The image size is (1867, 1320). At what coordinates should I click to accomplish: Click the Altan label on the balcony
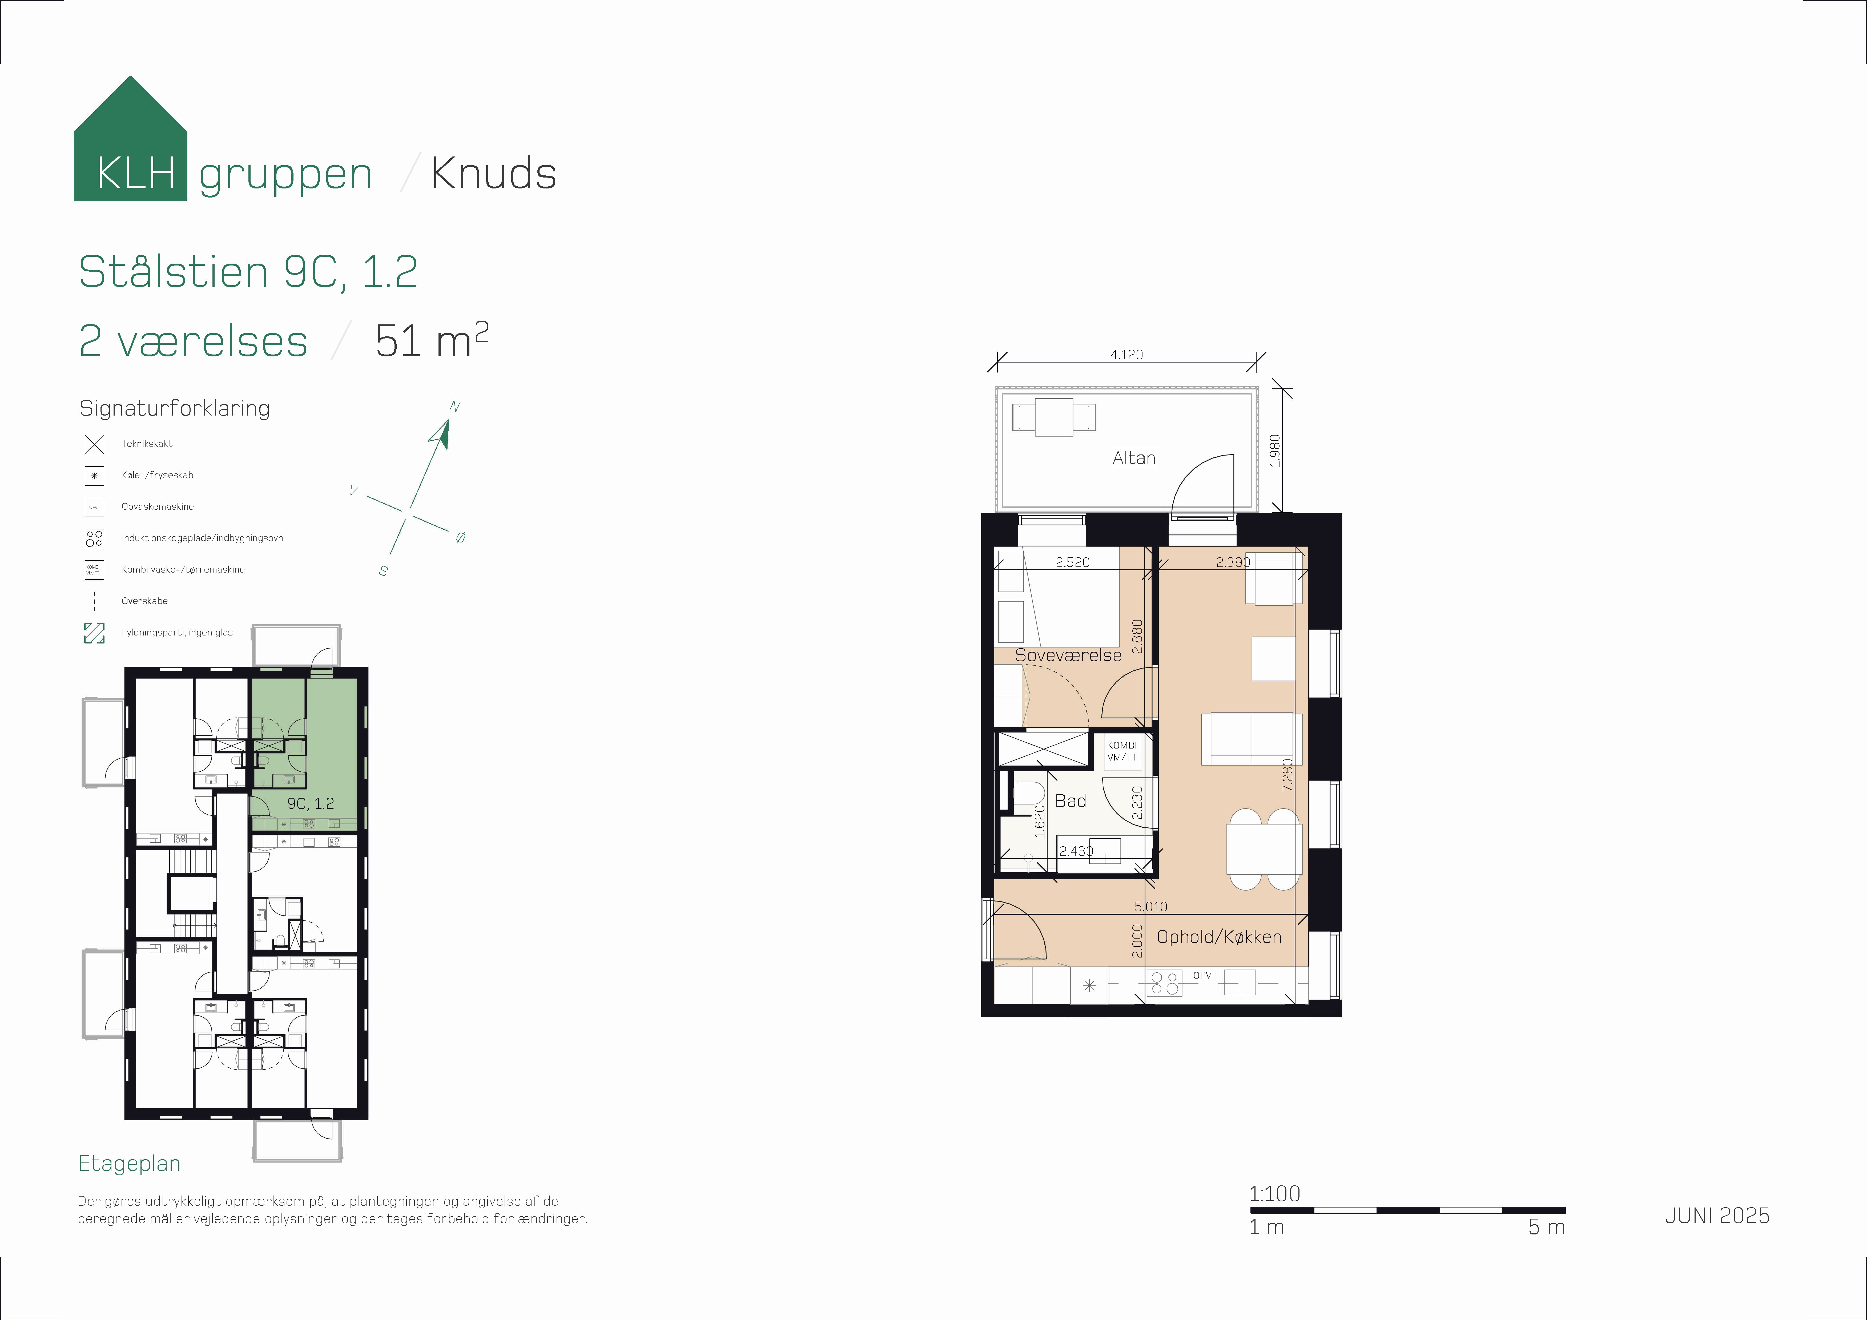[1133, 458]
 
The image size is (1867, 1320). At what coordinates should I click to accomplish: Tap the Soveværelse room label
[1068, 655]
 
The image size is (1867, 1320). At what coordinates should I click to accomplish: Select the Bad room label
[1070, 801]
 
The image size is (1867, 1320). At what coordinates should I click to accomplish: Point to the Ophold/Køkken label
[1219, 937]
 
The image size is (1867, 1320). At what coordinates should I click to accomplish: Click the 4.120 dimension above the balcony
[1126, 355]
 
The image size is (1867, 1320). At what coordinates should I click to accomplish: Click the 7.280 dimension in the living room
[1286, 775]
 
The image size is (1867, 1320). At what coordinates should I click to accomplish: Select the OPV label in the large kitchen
[1202, 975]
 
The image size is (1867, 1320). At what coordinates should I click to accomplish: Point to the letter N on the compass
[454, 407]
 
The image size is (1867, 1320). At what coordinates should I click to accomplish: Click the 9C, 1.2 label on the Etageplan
[310, 804]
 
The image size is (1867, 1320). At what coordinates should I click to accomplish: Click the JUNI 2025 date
[1717, 1216]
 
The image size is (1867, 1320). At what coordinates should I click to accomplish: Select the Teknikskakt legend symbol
[94, 444]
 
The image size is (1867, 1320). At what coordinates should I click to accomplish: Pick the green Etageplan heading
[129, 1164]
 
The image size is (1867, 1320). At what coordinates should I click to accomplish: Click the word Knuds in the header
[494, 173]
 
